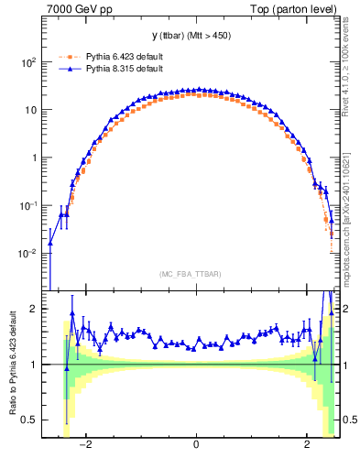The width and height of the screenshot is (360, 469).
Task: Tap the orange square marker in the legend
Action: [67, 56]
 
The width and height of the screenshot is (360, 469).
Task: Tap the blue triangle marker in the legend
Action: [67, 69]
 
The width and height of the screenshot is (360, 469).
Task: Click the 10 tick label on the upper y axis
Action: [29, 110]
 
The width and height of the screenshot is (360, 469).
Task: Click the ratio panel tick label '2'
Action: [35, 310]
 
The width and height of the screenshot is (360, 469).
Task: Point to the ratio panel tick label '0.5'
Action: [30, 420]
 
